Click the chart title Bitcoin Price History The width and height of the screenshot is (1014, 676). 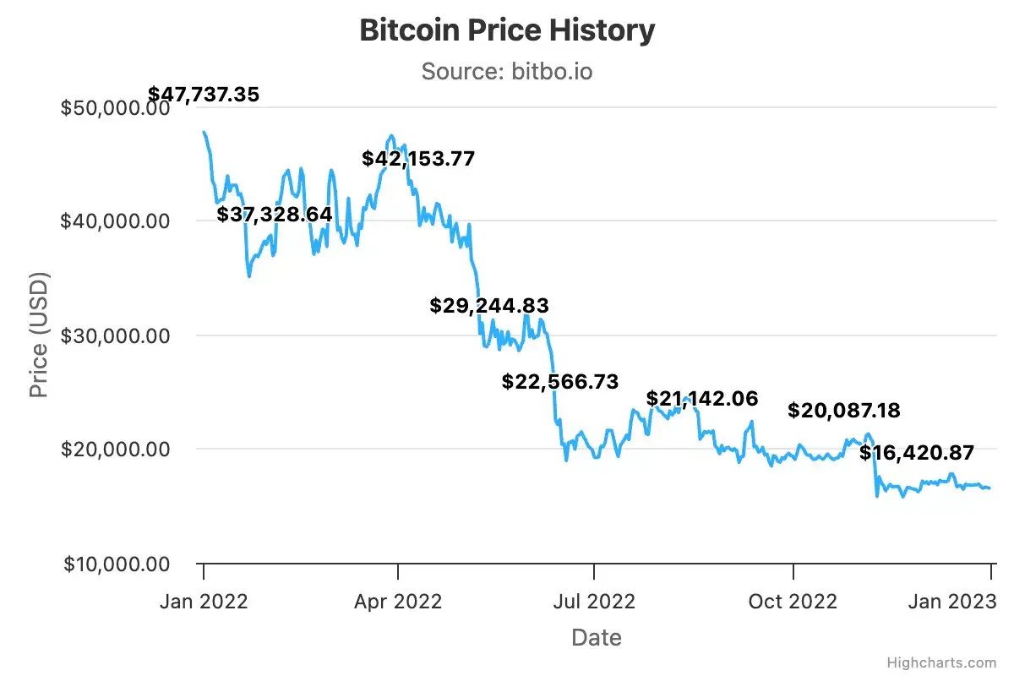click(x=507, y=30)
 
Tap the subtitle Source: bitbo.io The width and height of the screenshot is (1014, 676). click(x=507, y=71)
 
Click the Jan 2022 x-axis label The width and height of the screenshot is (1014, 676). click(x=204, y=602)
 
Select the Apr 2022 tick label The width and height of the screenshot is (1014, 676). click(x=398, y=602)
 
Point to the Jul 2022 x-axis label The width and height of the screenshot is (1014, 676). click(x=594, y=602)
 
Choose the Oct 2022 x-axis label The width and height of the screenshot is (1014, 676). click(x=793, y=602)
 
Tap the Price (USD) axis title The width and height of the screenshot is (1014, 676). click(x=39, y=335)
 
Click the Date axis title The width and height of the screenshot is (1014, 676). click(x=597, y=637)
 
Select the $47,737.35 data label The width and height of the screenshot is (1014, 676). click(x=204, y=94)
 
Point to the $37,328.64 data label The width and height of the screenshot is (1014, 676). click(x=275, y=215)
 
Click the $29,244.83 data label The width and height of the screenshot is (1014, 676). click(x=489, y=306)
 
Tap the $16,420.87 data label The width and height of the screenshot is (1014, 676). click(x=917, y=453)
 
